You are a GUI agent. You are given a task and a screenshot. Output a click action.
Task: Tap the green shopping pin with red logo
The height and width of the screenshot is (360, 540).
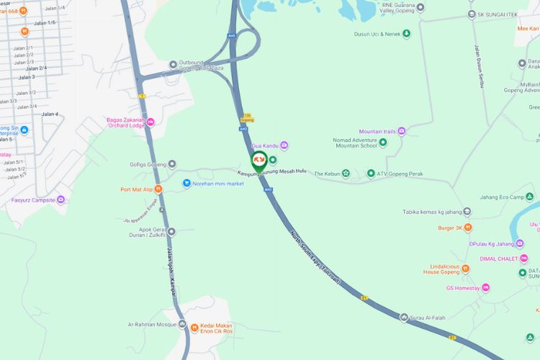(x=258, y=159)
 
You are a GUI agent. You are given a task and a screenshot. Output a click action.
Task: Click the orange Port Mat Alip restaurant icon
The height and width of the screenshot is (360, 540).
(x=158, y=189)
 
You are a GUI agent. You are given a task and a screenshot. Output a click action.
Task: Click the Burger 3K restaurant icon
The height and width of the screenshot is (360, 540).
(x=468, y=228)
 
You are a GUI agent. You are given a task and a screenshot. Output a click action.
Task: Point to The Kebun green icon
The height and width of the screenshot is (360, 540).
(x=346, y=173)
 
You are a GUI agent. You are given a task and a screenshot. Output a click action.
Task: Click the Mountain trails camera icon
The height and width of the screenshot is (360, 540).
(x=402, y=131)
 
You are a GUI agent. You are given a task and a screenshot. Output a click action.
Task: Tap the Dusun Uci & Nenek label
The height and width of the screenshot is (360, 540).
(x=377, y=34)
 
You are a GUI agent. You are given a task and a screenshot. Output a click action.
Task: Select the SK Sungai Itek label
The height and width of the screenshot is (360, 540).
(x=503, y=14)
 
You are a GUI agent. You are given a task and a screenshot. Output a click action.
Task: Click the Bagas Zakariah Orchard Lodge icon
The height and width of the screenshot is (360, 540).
(x=150, y=122)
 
